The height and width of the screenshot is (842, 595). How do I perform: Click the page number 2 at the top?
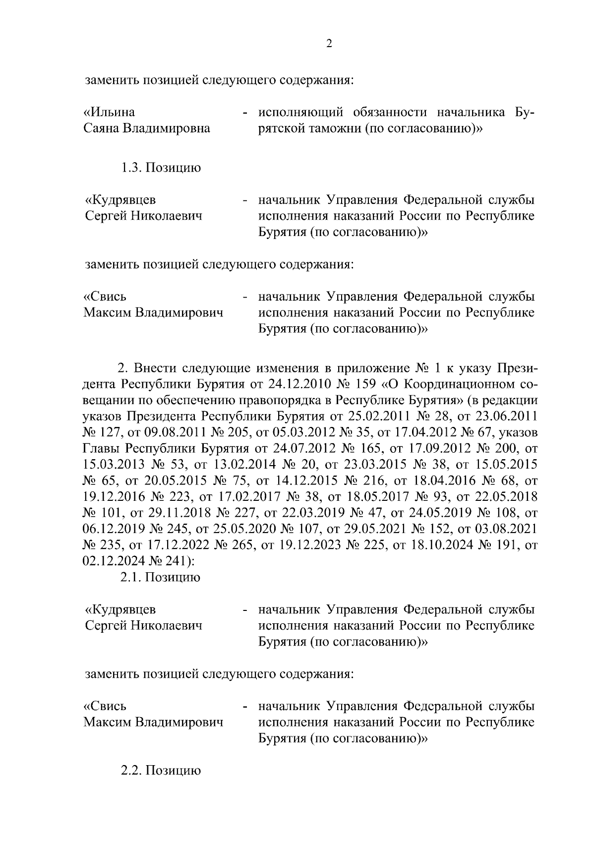click(x=329, y=44)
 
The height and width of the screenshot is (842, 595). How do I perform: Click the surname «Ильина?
click(x=109, y=112)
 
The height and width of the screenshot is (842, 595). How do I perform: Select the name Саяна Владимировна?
click(x=146, y=128)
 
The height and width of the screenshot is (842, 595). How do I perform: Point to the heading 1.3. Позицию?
click(x=161, y=168)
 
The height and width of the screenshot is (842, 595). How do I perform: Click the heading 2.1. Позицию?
click(x=161, y=577)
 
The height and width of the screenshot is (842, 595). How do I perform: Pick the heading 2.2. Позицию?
click(x=161, y=771)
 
